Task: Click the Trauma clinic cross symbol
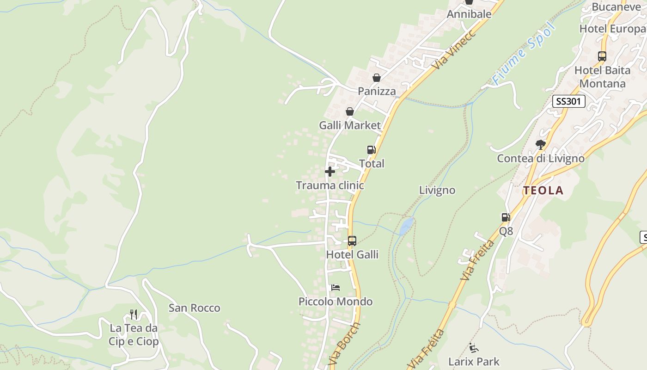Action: click(330, 172)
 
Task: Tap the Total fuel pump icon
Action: click(371, 150)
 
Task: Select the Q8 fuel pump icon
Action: click(506, 217)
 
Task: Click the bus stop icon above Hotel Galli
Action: click(352, 241)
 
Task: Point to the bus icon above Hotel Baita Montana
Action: click(602, 56)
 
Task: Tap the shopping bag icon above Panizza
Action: click(377, 78)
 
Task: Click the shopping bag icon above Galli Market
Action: click(350, 111)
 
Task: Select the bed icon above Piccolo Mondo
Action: click(336, 288)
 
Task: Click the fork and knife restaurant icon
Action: click(134, 314)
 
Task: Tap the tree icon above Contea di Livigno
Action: click(540, 145)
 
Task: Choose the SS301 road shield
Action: click(568, 101)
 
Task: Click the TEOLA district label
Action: click(543, 190)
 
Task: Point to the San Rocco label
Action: click(194, 308)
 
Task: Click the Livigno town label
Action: click(437, 190)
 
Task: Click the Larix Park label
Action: click(474, 361)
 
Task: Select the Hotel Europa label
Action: click(612, 29)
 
